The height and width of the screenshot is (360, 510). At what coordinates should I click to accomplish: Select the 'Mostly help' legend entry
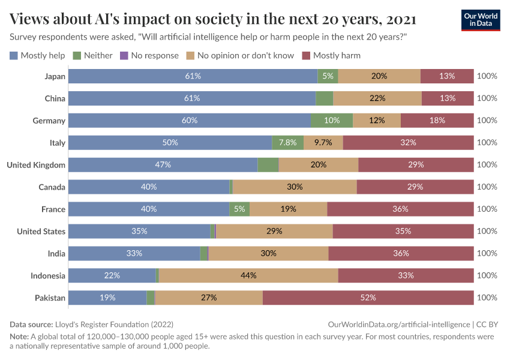point(37,56)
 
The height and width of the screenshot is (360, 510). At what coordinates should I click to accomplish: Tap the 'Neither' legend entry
point(92,56)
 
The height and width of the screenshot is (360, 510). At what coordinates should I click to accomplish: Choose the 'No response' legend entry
point(149,56)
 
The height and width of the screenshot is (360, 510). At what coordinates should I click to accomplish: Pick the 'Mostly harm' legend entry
point(331,56)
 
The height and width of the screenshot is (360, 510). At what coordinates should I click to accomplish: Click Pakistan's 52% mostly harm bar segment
point(368,298)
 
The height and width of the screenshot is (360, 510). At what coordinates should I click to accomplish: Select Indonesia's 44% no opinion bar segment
point(248,275)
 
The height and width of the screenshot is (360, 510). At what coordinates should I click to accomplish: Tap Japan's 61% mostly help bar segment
point(193,76)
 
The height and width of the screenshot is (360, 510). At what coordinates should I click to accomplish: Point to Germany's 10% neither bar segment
point(332,121)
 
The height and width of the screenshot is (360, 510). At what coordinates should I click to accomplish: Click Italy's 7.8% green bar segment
point(287,143)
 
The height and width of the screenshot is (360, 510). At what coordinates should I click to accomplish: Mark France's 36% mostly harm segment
point(400,209)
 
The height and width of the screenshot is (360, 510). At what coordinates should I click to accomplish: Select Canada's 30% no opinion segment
point(295,187)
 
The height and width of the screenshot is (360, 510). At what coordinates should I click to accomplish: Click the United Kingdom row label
point(35,164)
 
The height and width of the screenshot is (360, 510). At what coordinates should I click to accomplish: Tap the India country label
point(56,253)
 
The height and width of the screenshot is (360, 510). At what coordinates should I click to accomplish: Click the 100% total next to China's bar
point(487,98)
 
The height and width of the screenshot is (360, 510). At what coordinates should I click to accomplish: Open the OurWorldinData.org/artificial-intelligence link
point(400,324)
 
